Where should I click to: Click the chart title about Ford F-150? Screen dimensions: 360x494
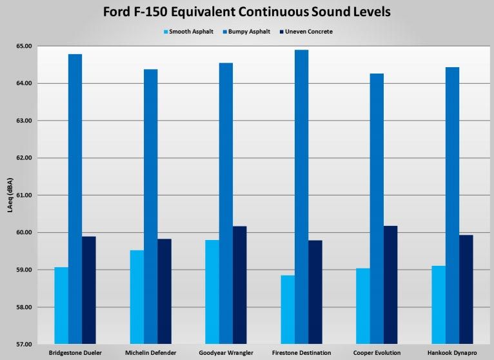click(247, 12)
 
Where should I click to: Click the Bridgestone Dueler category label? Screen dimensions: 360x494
click(75, 352)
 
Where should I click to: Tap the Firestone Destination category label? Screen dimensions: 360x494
click(302, 352)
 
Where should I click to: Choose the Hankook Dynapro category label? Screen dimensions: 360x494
click(453, 352)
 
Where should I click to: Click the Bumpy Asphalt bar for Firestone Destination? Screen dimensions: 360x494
click(301, 196)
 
